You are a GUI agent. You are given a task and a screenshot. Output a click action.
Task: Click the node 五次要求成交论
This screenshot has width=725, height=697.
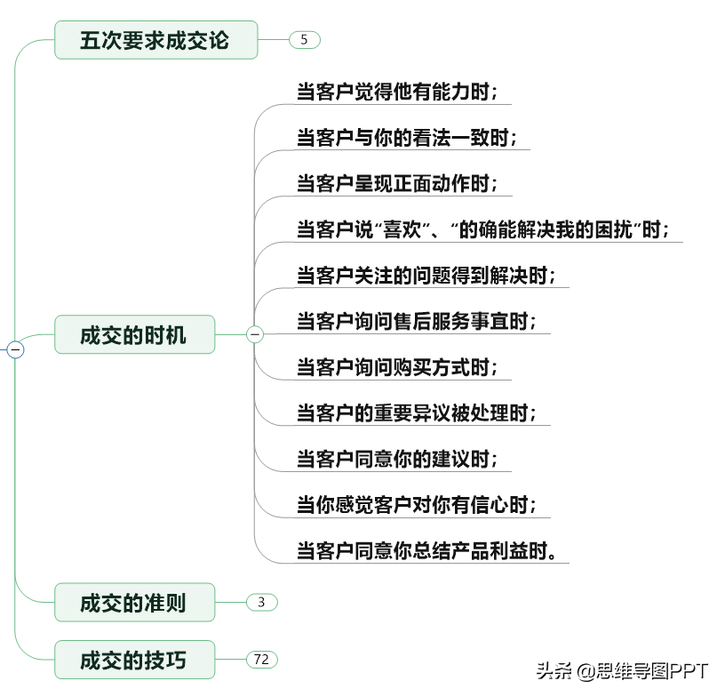155,40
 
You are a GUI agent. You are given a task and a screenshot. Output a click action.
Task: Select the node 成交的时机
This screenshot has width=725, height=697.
134,335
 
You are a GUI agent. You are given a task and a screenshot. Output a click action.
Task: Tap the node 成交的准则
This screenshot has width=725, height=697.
134,603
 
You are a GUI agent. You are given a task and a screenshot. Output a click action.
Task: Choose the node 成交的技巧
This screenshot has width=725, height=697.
134,660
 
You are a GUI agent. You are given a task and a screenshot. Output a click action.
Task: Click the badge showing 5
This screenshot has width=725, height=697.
304,40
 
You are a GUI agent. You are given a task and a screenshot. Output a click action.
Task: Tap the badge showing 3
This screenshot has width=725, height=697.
262,602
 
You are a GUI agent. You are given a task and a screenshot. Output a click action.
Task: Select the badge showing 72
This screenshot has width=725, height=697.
262,660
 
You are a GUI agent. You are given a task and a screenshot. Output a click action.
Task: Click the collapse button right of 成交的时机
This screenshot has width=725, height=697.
255,334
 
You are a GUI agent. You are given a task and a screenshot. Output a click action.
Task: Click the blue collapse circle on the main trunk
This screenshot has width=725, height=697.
15,349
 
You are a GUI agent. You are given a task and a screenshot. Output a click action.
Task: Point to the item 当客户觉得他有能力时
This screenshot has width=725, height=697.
397,92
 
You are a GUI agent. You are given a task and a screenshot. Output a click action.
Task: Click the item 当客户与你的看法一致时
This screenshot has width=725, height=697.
406,138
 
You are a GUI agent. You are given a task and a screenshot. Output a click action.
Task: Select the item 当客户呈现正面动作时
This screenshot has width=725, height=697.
397,183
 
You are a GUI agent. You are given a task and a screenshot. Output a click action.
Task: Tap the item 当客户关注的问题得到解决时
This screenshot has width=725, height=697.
426,276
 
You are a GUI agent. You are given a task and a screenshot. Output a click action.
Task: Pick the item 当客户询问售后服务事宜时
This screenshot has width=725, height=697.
416,321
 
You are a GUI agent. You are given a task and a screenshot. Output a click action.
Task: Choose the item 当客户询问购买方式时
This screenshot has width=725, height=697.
397,367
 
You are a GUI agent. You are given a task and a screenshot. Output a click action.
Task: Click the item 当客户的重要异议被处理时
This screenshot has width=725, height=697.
416,413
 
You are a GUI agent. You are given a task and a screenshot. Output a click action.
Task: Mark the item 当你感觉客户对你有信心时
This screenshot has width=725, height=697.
416,505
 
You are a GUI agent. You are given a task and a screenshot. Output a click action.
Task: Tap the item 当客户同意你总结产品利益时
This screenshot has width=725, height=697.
426,551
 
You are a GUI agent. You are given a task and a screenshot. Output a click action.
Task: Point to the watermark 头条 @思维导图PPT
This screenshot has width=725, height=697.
622,671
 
